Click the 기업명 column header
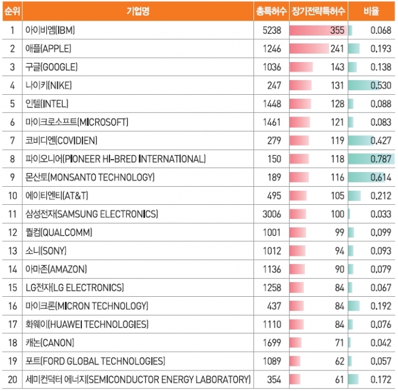[138, 11]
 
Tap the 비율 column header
[371, 11]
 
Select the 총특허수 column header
[272, 11]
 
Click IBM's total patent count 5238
[272, 30]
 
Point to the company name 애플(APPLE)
[48, 49]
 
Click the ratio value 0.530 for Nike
[381, 85]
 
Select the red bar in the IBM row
[318, 30]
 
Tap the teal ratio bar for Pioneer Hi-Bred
[371, 159]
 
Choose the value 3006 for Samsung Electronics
[272, 214]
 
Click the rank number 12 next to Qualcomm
[12, 232]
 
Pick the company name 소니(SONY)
[46, 251]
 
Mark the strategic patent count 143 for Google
[337, 67]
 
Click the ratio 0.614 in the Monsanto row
[381, 177]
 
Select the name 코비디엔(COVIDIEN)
[61, 140]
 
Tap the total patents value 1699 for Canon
[272, 343]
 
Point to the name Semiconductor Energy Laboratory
[138, 379]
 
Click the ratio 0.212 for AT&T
[381, 195]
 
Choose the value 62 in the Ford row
[339, 361]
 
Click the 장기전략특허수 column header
[318, 11]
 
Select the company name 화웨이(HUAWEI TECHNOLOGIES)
[87, 324]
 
